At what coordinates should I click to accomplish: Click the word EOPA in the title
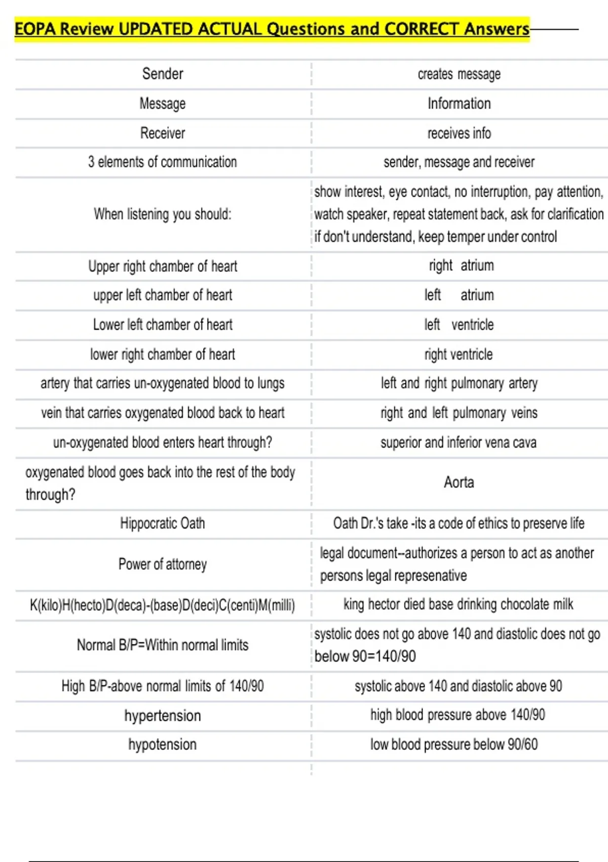(35, 29)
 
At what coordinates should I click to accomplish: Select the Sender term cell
(163, 74)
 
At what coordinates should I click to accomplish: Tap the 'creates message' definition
(459, 74)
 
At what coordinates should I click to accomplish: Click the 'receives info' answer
(459, 133)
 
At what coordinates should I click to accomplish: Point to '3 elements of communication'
(163, 162)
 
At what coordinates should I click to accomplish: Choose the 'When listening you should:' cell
(163, 214)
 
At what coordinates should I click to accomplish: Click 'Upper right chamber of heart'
(163, 266)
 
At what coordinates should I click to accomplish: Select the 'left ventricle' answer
(459, 325)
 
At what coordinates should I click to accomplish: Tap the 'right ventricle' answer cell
(459, 354)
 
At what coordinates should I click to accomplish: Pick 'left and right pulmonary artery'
(459, 383)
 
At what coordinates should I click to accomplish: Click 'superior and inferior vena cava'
(459, 443)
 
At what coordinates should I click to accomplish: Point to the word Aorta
(459, 482)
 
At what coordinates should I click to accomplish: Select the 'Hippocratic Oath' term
(163, 523)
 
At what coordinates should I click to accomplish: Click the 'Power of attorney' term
(163, 564)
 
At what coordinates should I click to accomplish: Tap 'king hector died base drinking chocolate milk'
(459, 604)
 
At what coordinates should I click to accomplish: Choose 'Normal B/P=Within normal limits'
(163, 645)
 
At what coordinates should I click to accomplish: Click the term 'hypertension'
(163, 715)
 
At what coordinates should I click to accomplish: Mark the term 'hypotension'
(163, 744)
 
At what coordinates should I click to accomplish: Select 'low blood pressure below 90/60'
(454, 744)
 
